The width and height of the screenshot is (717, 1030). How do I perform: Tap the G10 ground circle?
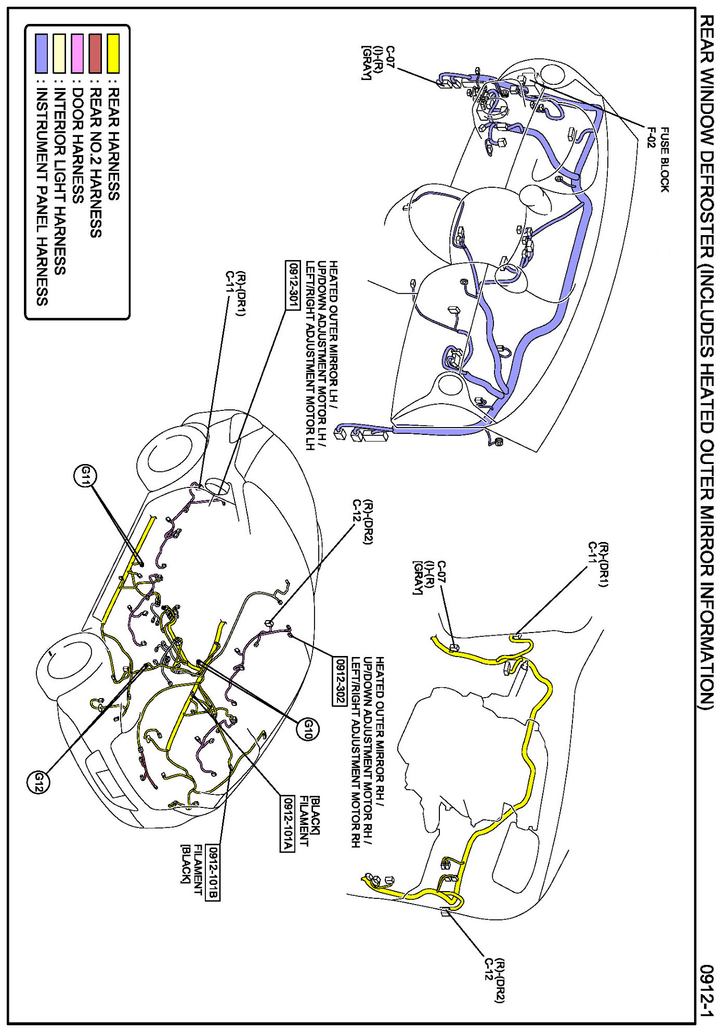(307, 728)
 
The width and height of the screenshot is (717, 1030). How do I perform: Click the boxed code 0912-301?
(293, 285)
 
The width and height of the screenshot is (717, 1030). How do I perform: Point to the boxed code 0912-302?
(338, 681)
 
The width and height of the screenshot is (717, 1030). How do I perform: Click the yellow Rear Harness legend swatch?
(113, 53)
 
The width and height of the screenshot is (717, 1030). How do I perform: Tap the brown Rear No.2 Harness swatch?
(95, 53)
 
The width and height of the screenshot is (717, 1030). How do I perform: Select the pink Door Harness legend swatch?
(77, 53)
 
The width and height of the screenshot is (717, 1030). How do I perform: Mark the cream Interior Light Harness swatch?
(60, 53)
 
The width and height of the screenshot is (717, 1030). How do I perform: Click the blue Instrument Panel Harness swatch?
(42, 53)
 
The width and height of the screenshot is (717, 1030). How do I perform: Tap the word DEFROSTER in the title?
(706, 198)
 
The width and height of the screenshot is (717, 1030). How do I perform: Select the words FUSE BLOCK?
(664, 160)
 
